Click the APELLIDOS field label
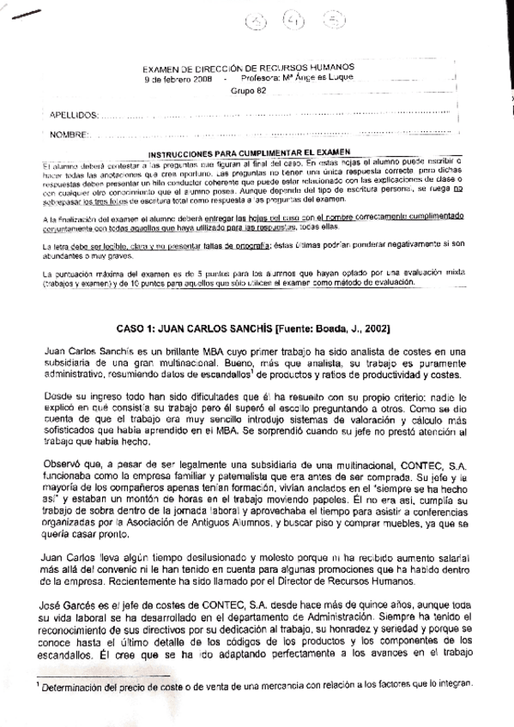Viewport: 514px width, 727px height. point(74,113)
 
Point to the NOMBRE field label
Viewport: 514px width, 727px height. point(70,134)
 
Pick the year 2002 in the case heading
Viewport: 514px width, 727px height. point(375,328)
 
